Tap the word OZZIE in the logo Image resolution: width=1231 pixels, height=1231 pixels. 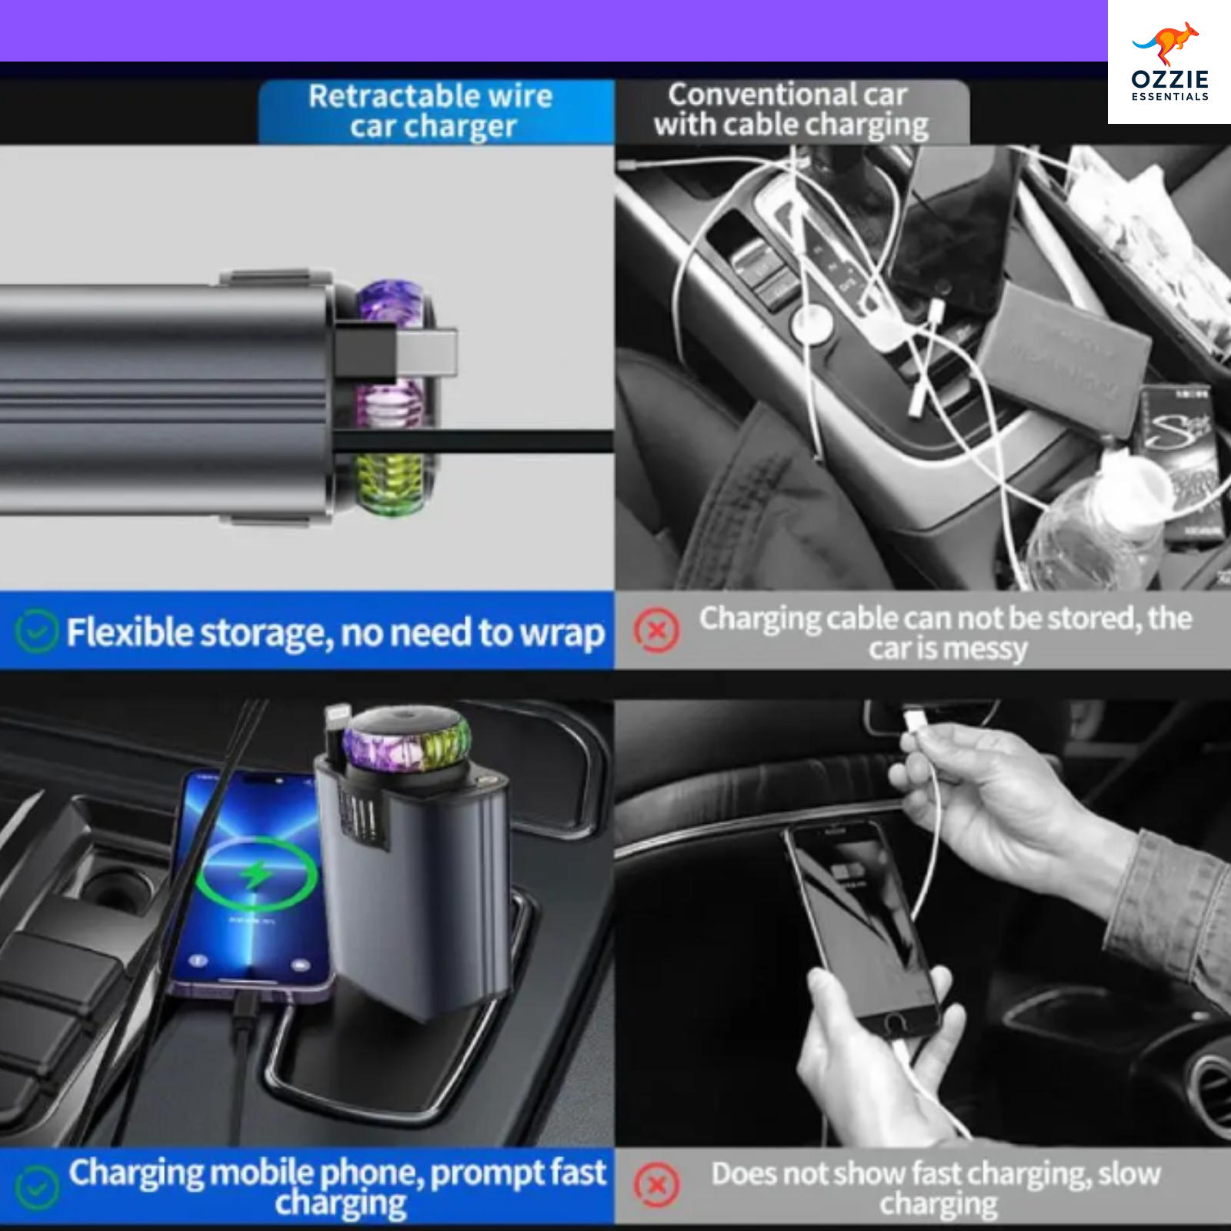click(1170, 79)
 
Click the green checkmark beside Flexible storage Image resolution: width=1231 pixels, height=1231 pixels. click(36, 631)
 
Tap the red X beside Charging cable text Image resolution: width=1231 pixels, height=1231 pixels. click(656, 631)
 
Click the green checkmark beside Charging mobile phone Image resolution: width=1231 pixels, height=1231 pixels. click(36, 1187)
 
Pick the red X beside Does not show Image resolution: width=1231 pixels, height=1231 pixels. click(656, 1186)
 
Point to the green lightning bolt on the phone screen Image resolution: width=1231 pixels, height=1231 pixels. click(256, 874)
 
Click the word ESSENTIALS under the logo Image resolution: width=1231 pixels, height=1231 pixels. click(1170, 97)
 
